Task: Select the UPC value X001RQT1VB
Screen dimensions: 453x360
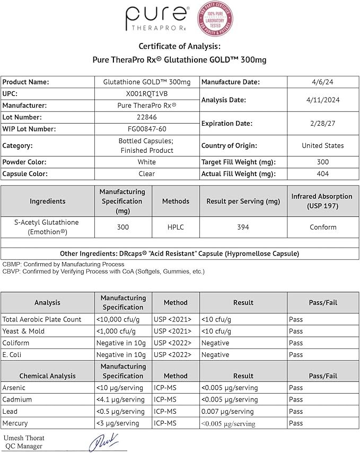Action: coord(146,93)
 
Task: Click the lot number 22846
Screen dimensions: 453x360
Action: coord(146,117)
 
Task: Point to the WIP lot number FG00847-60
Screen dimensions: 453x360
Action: coord(146,129)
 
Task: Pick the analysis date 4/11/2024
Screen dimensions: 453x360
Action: coord(322,100)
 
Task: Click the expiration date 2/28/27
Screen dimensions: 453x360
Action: coord(322,123)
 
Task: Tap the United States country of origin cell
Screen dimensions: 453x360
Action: coord(322,145)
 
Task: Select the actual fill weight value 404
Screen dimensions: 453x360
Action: coord(322,174)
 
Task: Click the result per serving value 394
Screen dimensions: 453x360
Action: coord(243,227)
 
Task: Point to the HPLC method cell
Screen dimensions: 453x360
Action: coord(175,227)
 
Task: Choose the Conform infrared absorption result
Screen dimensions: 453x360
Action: coord(323,227)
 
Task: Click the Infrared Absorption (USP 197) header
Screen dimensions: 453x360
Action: coord(322,201)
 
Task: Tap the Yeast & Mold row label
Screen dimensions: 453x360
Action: coord(23,331)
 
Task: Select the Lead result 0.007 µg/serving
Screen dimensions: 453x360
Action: coord(227,412)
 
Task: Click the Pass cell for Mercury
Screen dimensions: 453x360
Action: coord(296,423)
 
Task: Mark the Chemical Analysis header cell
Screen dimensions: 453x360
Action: coord(48,376)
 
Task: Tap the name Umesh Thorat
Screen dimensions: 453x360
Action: coord(23,438)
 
